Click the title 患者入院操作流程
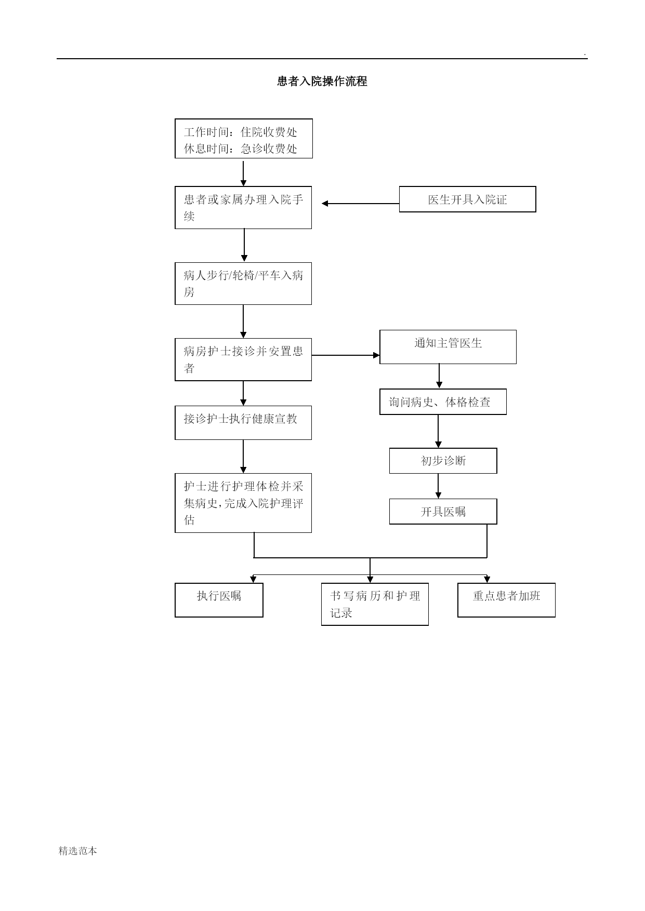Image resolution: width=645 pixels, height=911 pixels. pos(322,82)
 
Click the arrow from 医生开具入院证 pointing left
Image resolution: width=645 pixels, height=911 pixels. pos(361,204)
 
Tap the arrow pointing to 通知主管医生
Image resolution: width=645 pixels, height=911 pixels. pos(346,355)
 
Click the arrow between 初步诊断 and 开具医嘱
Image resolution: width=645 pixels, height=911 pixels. pos(438,486)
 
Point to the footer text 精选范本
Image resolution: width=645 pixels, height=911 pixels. pos(78,851)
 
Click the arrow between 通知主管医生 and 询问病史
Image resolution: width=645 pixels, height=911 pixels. pos(439,376)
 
